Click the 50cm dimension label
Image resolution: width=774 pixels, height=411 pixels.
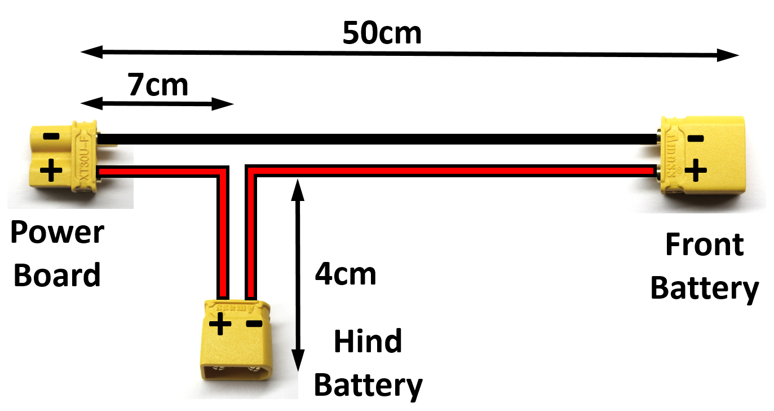[x=382, y=34]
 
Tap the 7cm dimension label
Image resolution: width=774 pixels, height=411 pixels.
[x=157, y=85]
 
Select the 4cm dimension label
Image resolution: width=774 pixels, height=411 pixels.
[x=345, y=274]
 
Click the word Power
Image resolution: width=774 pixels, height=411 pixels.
[x=58, y=233]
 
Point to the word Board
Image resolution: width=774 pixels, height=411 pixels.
[x=57, y=276]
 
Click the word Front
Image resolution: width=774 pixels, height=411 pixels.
[x=704, y=245]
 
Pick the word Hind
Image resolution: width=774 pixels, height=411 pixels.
[x=368, y=342]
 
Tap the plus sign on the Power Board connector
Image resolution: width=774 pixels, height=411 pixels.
[x=51, y=170]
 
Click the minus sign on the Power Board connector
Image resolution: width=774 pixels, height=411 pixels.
[x=51, y=137]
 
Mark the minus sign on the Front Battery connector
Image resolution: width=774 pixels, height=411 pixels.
[x=696, y=138]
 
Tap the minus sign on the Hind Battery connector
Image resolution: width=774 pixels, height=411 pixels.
[x=254, y=323]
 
